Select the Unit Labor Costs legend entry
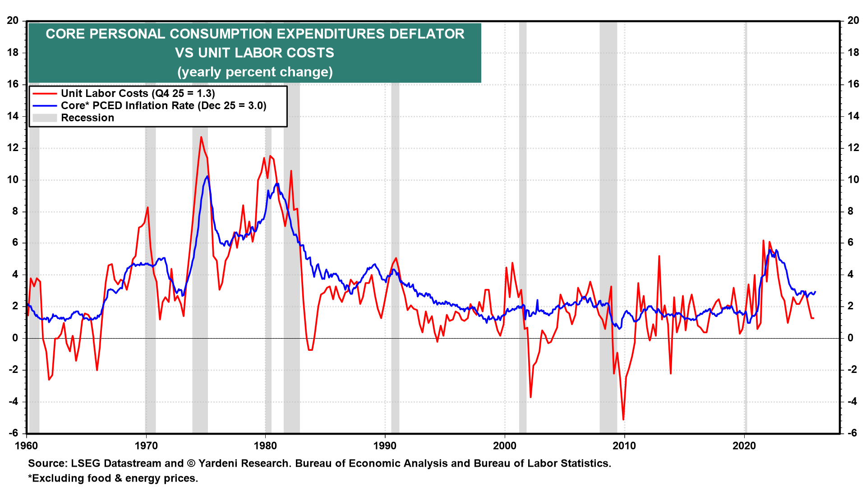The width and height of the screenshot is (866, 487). click(138, 93)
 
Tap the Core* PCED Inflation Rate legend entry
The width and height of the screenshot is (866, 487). click(163, 106)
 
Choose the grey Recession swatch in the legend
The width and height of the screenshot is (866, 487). click(45, 118)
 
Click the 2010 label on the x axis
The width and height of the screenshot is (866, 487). click(624, 446)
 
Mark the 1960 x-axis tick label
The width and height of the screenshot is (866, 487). click(27, 446)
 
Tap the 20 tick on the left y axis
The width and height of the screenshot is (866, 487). click(13, 21)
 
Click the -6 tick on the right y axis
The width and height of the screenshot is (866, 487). click(852, 433)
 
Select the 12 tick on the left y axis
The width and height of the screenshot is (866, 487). click(13, 148)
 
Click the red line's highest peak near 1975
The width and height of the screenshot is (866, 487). click(201, 137)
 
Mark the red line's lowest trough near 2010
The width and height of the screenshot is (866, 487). click(623, 420)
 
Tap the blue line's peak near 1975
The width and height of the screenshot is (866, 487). click(207, 176)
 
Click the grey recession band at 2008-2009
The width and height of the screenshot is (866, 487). click(608, 225)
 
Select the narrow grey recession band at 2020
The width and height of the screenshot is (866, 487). click(746, 225)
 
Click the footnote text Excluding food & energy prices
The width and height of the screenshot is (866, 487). click(115, 478)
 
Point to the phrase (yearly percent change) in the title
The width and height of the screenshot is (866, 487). click(255, 72)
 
